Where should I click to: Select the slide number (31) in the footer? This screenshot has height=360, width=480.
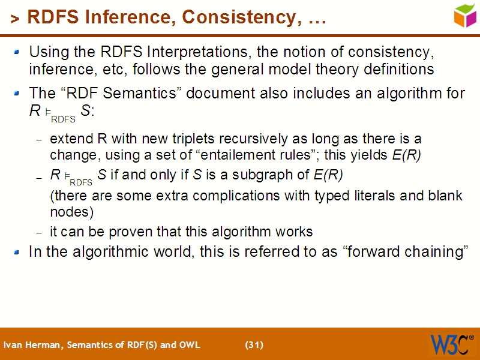pyautogui.click(x=254, y=344)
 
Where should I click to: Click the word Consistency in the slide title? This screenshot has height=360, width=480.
pyautogui.click(x=239, y=17)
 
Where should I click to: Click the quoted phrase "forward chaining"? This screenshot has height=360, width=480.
pyautogui.click(x=404, y=252)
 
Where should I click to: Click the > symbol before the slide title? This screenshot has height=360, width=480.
pyautogui.click(x=15, y=19)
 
